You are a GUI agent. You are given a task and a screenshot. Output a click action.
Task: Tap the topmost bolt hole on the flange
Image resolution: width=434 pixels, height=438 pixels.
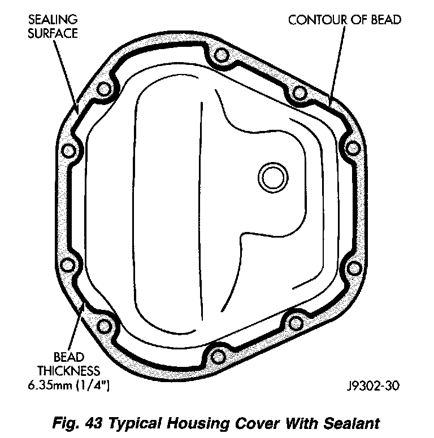click(x=221, y=56)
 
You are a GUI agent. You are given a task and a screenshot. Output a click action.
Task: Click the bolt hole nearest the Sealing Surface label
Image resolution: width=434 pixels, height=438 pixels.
click(x=103, y=90)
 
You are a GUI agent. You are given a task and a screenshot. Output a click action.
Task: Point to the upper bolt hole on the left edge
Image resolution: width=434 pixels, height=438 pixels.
click(x=68, y=151)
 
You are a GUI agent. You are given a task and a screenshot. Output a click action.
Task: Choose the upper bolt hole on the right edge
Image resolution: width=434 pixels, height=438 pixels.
click(x=353, y=149)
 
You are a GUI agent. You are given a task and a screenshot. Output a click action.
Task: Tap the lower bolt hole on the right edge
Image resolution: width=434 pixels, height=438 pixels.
click(x=353, y=266)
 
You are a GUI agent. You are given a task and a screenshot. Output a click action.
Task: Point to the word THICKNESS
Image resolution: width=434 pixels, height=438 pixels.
click(x=69, y=371)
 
